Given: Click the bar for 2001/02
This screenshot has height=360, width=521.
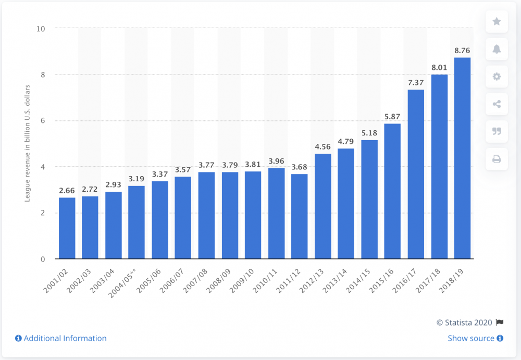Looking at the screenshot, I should [x=67, y=228].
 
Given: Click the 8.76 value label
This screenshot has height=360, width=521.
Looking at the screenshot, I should [x=462, y=51].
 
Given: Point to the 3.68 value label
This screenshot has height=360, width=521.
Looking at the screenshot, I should [x=300, y=168].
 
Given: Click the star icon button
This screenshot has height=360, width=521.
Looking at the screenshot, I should [x=497, y=22].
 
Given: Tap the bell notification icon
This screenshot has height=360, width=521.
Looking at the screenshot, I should [x=497, y=49].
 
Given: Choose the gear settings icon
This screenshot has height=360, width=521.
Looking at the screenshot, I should [x=497, y=77].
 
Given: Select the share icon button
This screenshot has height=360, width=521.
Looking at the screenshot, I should [x=497, y=104].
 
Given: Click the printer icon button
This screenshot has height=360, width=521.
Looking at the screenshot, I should [x=497, y=159].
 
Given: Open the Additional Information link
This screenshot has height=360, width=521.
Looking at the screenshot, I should [x=61, y=338].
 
